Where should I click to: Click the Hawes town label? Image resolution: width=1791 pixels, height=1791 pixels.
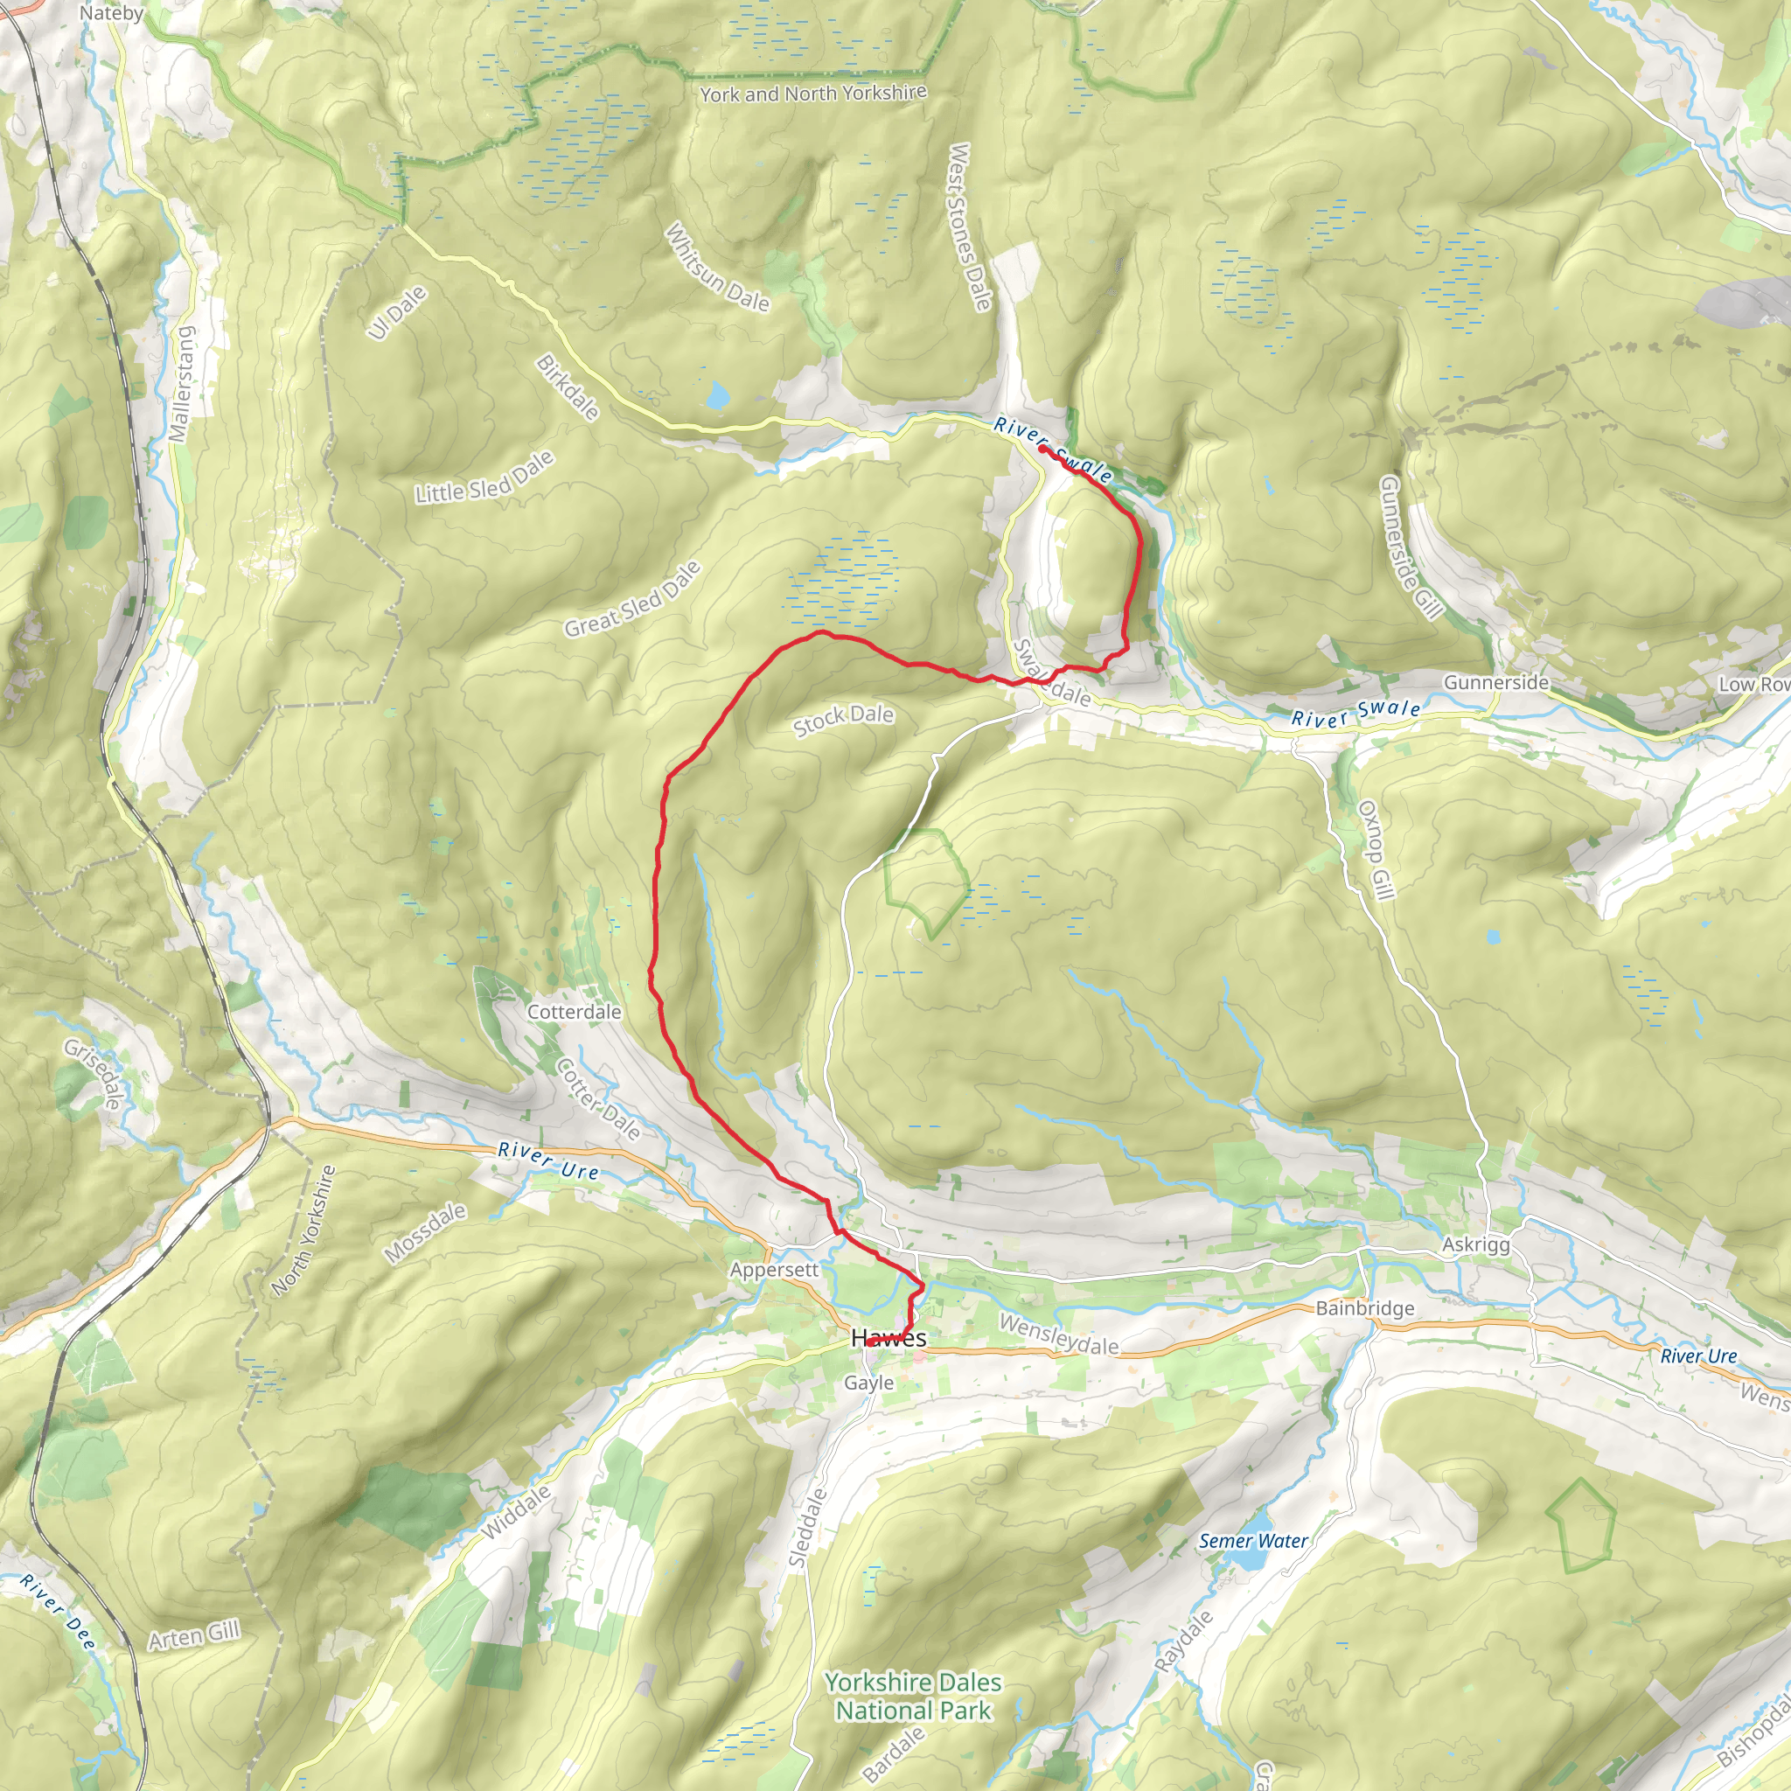click(889, 1338)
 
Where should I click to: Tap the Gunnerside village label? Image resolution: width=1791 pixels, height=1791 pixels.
click(1496, 682)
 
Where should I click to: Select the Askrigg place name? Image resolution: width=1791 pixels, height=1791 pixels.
click(1476, 1244)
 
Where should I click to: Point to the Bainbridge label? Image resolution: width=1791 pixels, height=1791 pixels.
click(1365, 1308)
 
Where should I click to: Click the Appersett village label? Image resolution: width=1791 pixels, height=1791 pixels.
click(774, 1269)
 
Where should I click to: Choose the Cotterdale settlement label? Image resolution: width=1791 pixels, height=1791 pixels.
click(574, 1012)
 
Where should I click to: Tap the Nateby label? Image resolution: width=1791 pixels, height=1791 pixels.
click(111, 13)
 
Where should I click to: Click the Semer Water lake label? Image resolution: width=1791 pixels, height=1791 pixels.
click(1253, 1541)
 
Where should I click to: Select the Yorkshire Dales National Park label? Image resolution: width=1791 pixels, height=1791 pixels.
click(913, 1696)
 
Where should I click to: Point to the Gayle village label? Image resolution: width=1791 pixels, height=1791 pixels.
click(868, 1383)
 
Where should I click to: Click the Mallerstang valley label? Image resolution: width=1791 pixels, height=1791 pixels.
click(183, 384)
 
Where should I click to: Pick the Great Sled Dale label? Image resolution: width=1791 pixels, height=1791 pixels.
click(633, 600)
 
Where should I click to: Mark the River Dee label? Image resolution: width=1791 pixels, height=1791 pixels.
click(58, 1611)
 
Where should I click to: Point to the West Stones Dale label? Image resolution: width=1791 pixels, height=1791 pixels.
click(970, 226)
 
